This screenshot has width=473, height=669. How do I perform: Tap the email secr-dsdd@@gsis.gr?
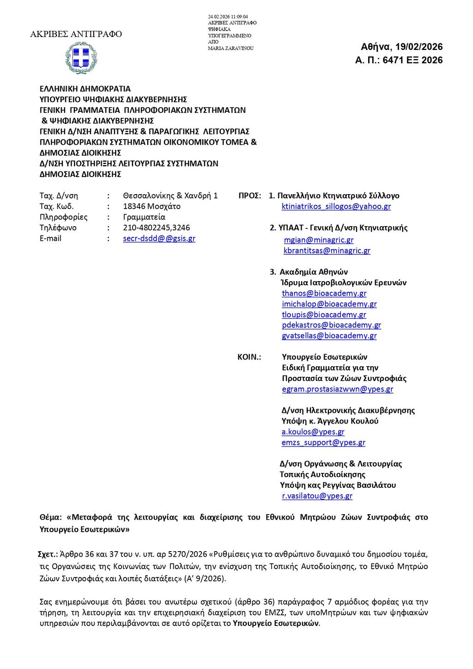[159, 239]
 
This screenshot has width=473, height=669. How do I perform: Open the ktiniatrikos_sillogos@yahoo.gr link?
[336, 206]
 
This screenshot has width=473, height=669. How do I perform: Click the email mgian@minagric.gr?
[319, 240]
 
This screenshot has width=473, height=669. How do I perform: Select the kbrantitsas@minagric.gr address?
[327, 251]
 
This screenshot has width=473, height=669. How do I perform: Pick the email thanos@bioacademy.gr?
[324, 293]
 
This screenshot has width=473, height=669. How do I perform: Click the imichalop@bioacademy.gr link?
[329, 304]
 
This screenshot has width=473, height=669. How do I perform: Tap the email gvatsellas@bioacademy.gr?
[329, 336]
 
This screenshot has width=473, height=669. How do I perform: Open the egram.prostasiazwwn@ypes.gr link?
[338, 389]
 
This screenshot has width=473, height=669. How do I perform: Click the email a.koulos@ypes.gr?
[313, 432]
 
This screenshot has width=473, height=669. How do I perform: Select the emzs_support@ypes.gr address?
[323, 442]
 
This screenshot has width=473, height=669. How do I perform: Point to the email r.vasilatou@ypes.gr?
[317, 496]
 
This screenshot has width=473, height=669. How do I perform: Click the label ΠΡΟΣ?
[250, 196]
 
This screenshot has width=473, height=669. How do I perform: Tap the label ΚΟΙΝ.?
[249, 357]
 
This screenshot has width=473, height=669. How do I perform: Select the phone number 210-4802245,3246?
[157, 227]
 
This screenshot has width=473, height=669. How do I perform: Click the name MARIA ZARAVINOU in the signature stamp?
[231, 49]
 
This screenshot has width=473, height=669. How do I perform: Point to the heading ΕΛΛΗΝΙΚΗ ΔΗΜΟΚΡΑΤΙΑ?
[85, 89]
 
